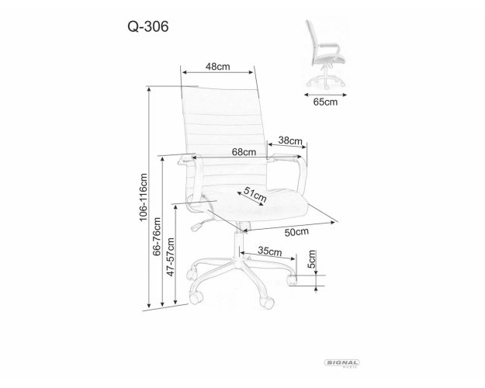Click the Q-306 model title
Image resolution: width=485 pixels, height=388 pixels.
pos(148,26)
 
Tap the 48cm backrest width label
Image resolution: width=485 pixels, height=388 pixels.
pos(218,67)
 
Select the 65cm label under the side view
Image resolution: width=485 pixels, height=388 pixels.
pos(325,102)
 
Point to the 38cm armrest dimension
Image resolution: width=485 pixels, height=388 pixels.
pos(290,140)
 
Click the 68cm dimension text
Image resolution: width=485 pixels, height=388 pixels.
pos(244,152)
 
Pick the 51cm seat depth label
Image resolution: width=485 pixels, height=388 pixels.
pos(255,195)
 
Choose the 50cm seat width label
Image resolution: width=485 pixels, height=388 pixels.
pos(296,232)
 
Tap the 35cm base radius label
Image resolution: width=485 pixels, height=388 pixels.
pos(270,251)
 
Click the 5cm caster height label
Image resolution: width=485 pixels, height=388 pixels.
pos(312,259)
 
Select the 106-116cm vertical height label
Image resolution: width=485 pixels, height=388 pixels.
pos(144,197)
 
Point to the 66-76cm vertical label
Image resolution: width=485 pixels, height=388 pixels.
pos(157,237)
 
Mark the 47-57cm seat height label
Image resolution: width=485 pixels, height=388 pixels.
pos(171,257)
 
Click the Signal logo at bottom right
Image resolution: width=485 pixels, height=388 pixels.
pos(341,363)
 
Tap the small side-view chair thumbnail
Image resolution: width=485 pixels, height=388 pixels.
pos(326,54)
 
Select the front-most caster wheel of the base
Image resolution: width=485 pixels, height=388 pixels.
pos(267,302)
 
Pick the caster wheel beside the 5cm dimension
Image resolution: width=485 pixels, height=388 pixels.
pos(291,279)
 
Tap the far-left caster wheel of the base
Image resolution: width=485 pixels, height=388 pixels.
pos(192,274)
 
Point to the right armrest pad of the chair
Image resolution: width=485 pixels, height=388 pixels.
pos(285,158)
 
